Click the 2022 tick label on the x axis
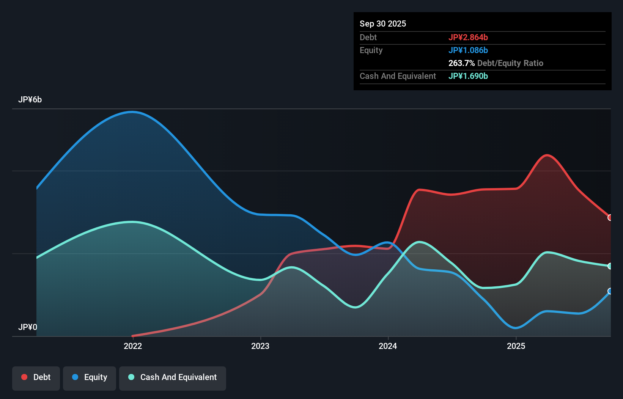click(x=133, y=346)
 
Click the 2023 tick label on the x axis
click(x=260, y=346)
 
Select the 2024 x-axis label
click(x=388, y=346)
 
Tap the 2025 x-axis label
click(x=516, y=346)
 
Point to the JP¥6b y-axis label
click(x=30, y=100)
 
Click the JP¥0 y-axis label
click(x=28, y=327)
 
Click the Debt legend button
click(x=36, y=377)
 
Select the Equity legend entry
click(x=90, y=377)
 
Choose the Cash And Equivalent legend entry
click(x=173, y=377)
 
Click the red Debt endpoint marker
click(x=610, y=218)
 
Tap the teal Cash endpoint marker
click(x=610, y=266)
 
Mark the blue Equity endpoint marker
click(x=610, y=291)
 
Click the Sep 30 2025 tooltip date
click(x=382, y=24)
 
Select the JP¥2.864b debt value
click(x=468, y=37)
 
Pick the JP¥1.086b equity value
click(x=468, y=50)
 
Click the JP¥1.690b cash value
click(x=468, y=76)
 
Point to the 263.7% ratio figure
click(x=461, y=63)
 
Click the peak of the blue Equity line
click(x=132, y=112)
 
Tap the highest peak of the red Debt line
click(x=547, y=155)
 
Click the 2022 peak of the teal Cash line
click(x=132, y=222)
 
